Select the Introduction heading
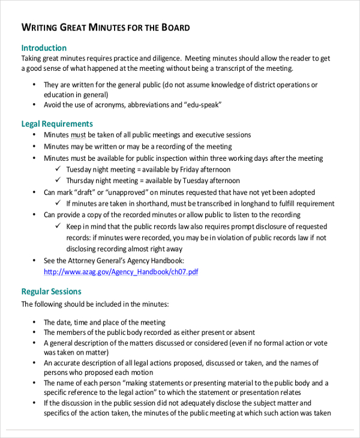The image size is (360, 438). pyautogui.click(x=44, y=48)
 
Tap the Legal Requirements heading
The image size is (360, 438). pyautogui.click(x=57, y=124)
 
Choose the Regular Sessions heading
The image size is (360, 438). pyautogui.click(x=51, y=292)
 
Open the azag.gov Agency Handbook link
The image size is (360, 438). pyautogui.click(x=121, y=272)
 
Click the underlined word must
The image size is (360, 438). pyautogui.click(x=79, y=135)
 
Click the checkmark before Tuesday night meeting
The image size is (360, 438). pyautogui.click(x=58, y=169)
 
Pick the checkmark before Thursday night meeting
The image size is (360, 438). pyautogui.click(x=58, y=181)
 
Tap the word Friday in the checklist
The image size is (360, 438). pyautogui.click(x=190, y=170)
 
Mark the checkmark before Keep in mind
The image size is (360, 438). pyautogui.click(x=58, y=227)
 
